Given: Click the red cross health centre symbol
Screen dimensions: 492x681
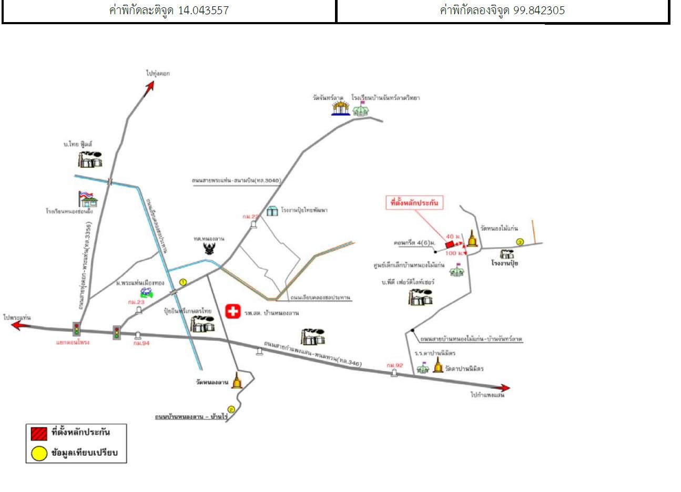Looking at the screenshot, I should [x=233, y=311].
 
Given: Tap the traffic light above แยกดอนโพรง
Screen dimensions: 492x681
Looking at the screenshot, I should [x=77, y=329].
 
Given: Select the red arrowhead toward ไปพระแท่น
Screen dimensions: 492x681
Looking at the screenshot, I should [x=18, y=325].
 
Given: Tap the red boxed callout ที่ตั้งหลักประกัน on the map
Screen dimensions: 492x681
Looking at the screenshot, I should [x=414, y=202].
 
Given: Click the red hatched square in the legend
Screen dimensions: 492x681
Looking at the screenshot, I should [x=39, y=434].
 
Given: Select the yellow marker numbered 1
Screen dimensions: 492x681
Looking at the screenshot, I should [x=183, y=282].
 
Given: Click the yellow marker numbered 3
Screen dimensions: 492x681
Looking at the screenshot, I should [x=520, y=242].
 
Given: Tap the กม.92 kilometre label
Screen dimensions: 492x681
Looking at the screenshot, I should [x=394, y=365].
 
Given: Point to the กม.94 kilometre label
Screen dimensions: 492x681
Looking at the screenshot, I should [x=138, y=343].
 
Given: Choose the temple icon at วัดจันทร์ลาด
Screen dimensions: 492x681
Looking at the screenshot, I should [x=340, y=108].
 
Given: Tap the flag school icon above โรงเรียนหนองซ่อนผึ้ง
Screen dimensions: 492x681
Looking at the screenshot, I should [x=87, y=199].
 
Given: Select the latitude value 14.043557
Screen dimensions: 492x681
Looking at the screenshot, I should [x=204, y=10].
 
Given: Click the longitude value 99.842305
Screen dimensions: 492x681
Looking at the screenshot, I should [x=539, y=10].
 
